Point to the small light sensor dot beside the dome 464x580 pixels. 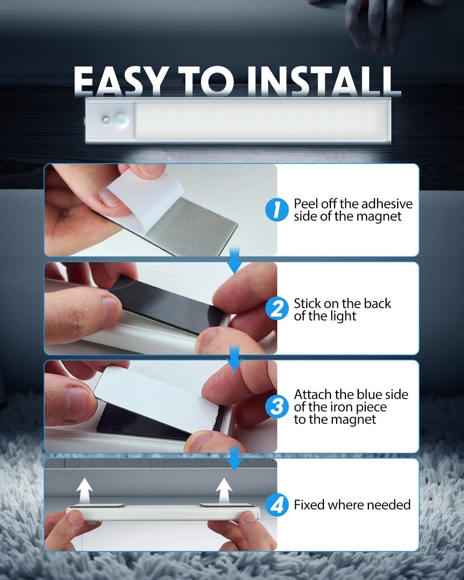106,121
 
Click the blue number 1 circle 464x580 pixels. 277,210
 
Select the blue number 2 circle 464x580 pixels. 277,309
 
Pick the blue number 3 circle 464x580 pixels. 277,407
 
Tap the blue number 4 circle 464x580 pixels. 277,505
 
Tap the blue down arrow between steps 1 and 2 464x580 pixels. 234,260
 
